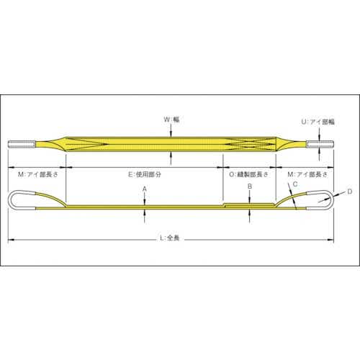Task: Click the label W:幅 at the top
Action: click(x=171, y=120)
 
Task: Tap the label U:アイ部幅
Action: click(x=318, y=122)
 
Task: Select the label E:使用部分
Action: click(x=145, y=174)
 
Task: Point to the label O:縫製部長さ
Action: click(x=248, y=174)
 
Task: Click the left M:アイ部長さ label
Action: click(x=38, y=174)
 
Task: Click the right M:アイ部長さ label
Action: click(x=307, y=174)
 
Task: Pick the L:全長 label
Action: click(x=170, y=238)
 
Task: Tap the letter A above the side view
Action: click(x=145, y=189)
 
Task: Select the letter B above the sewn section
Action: click(x=250, y=186)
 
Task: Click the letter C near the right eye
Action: click(x=295, y=184)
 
